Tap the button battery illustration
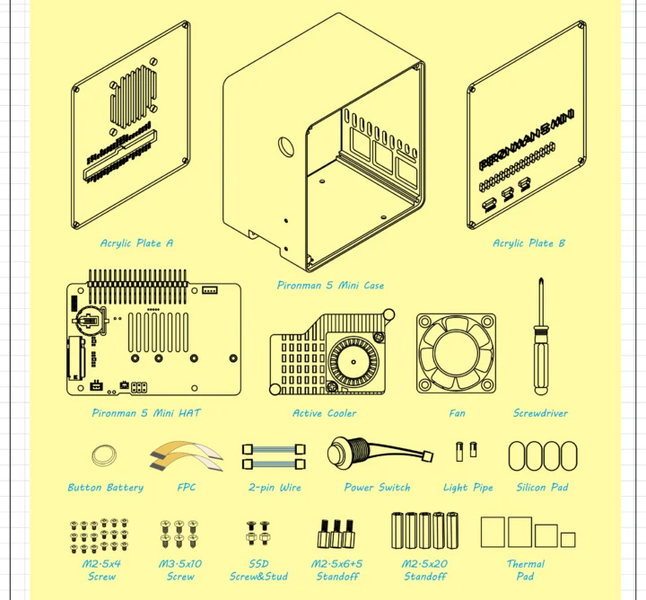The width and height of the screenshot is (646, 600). [105, 454]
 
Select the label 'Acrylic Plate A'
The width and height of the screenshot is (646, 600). [136, 243]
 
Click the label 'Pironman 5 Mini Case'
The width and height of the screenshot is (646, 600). [330, 286]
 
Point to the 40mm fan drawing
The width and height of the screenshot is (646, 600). [456, 353]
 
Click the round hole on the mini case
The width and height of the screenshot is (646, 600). [288, 146]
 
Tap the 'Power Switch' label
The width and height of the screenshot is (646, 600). [377, 488]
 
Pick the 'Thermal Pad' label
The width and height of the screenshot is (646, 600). [526, 570]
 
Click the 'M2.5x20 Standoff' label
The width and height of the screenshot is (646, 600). [424, 570]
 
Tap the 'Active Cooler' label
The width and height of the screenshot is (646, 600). [324, 414]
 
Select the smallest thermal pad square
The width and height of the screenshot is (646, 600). [567, 539]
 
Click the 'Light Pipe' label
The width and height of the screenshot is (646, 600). [467, 488]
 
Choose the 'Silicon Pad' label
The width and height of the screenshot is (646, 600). [543, 488]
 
